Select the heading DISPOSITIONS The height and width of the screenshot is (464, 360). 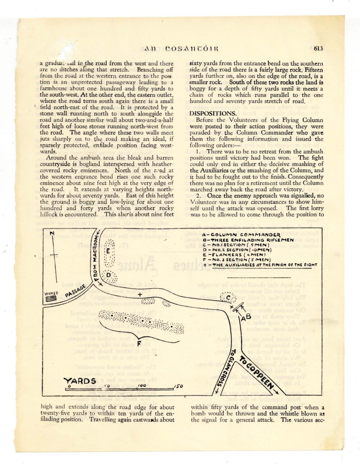click(210, 113)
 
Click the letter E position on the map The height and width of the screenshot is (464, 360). click(107, 251)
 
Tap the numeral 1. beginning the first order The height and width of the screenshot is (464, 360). click(198, 152)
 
